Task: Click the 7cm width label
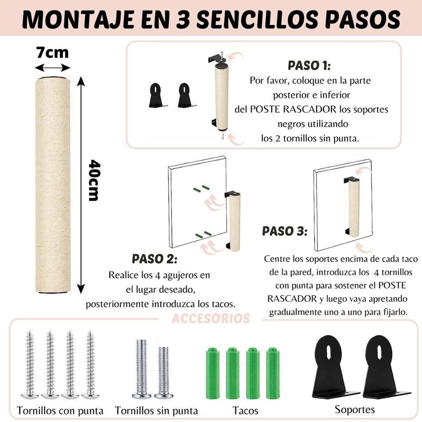click(x=52, y=52)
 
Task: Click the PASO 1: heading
click(x=309, y=66)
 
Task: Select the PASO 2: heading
click(x=155, y=259)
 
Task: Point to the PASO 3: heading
click(x=285, y=231)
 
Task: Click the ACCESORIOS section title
click(x=211, y=319)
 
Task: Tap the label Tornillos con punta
click(x=60, y=411)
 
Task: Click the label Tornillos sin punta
click(x=156, y=411)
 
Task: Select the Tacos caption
click(x=246, y=411)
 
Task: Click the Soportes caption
click(x=355, y=409)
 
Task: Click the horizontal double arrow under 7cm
click(x=52, y=68)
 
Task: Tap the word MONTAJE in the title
click(x=78, y=19)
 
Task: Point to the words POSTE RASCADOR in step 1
click(x=293, y=110)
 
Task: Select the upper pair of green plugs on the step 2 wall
click(x=201, y=188)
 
